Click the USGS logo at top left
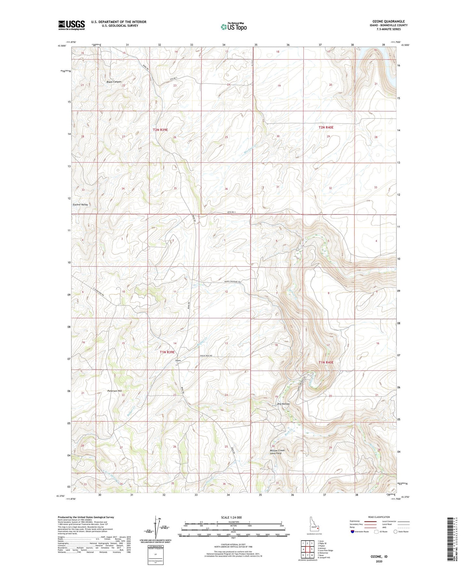71,25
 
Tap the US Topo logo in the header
233,27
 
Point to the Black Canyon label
114,82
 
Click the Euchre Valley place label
80,205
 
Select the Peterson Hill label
114,391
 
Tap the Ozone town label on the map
178,360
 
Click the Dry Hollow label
283,404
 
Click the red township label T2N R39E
160,130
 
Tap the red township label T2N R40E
326,128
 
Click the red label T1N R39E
167,352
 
